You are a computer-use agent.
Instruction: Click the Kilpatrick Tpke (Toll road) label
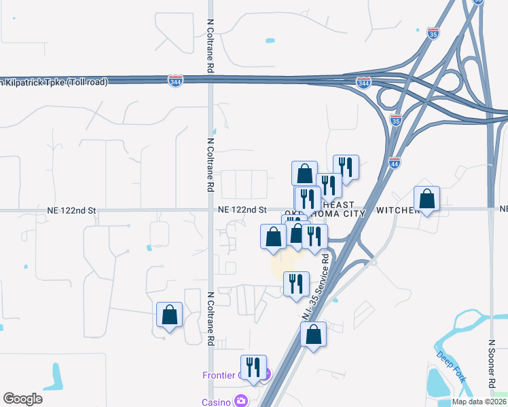(x=54, y=82)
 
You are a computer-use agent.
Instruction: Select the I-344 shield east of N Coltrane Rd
(x=363, y=83)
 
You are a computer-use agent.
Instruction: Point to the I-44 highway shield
(x=395, y=163)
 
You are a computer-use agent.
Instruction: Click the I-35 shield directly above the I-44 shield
(x=396, y=120)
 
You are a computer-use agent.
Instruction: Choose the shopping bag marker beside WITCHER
(x=427, y=199)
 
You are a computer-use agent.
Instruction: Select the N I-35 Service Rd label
(x=317, y=285)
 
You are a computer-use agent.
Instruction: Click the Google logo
(x=22, y=399)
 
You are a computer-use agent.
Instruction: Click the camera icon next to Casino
(x=241, y=401)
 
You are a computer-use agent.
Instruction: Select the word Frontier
(x=219, y=376)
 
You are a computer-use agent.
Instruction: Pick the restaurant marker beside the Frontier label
(x=253, y=368)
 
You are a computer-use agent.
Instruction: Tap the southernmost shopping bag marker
(x=313, y=334)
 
